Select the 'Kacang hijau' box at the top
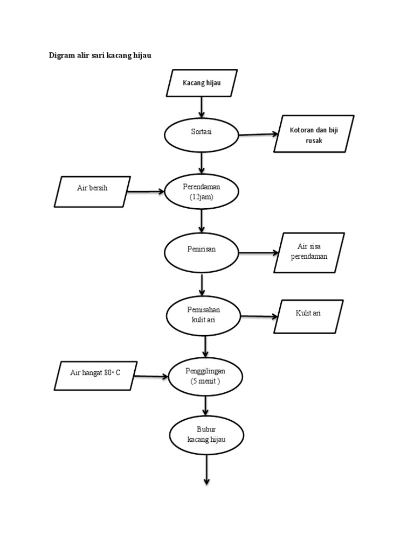(202, 83)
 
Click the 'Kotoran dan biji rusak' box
(314, 134)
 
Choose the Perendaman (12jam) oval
(202, 192)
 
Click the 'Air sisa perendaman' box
(309, 252)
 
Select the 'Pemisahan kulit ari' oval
(204, 316)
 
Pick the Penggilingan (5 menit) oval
(205, 376)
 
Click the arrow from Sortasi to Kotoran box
(258, 134)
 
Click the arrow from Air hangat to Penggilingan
(152, 376)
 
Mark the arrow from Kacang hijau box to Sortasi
(202, 107)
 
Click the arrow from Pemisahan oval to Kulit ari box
(258, 316)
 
